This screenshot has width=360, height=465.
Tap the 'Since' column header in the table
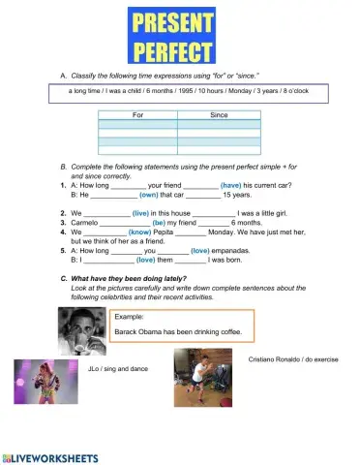click(x=219, y=114)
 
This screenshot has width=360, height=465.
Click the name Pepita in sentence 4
click(x=173, y=232)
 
